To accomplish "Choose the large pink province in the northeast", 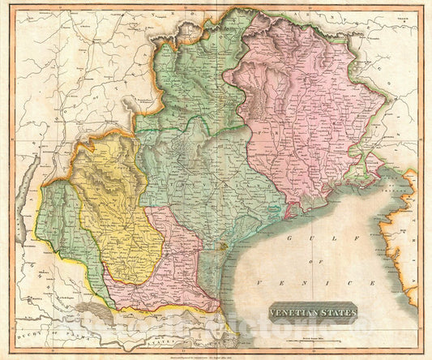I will coord(304,114).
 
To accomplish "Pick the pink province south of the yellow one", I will coord(170,272).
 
